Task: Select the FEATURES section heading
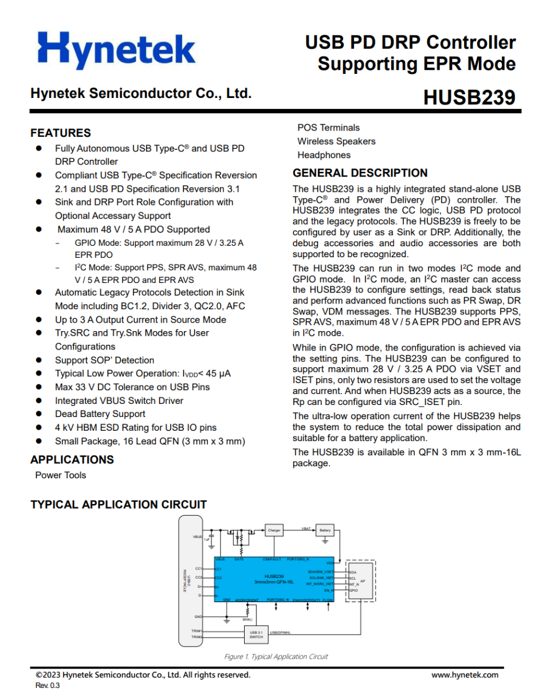pyautogui.click(x=60, y=133)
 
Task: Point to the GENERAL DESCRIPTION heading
pyautogui.click(x=360, y=173)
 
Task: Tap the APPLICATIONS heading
pyautogui.click(x=72, y=459)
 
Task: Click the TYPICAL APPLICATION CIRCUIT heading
pyautogui.click(x=118, y=505)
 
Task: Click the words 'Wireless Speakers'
pyautogui.click(x=336, y=141)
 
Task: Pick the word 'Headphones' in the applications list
pyautogui.click(x=324, y=155)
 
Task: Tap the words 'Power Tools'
pyautogui.click(x=60, y=475)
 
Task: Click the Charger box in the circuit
pyautogui.click(x=274, y=530)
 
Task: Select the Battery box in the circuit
pyautogui.click(x=325, y=530)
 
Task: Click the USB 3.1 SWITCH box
pyautogui.click(x=256, y=634)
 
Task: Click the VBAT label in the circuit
pyautogui.click(x=307, y=528)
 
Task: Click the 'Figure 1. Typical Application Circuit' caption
pyautogui.click(x=276, y=656)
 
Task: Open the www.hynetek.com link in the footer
pyautogui.click(x=465, y=675)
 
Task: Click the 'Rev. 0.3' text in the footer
pyautogui.click(x=48, y=685)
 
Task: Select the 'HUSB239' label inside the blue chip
pyautogui.click(x=274, y=576)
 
